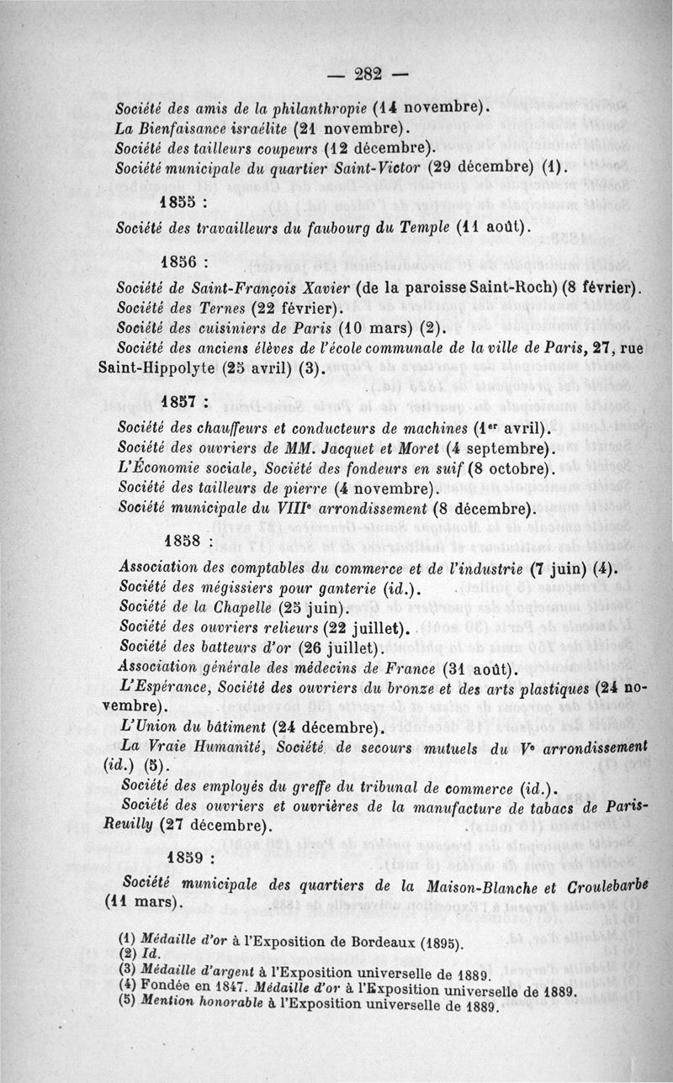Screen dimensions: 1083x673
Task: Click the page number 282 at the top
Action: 368,74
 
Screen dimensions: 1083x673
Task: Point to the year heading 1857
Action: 182,400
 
